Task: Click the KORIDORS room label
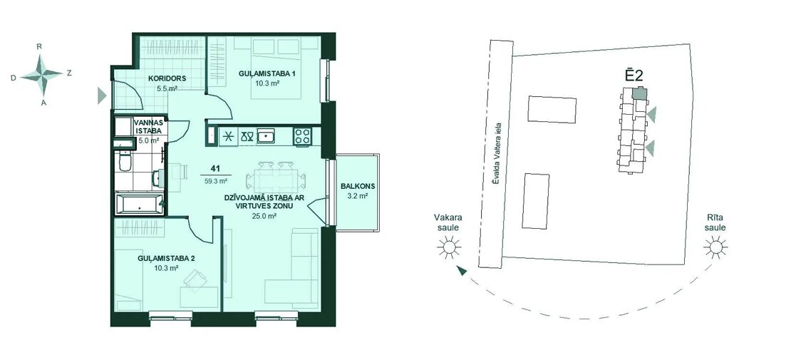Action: click(167, 78)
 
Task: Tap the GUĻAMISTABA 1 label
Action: click(267, 73)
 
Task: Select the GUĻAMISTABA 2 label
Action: click(167, 259)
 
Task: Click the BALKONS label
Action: click(356, 185)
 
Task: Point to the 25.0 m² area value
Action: click(264, 216)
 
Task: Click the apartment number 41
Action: click(216, 170)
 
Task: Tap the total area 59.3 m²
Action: click(216, 180)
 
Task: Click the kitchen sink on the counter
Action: click(267, 136)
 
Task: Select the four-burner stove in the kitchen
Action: click(303, 136)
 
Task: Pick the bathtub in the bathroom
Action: click(139, 204)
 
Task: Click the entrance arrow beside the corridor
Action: click(103, 95)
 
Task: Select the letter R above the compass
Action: click(39, 46)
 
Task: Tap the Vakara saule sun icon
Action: click(448, 247)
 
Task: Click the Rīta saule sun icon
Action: click(715, 247)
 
